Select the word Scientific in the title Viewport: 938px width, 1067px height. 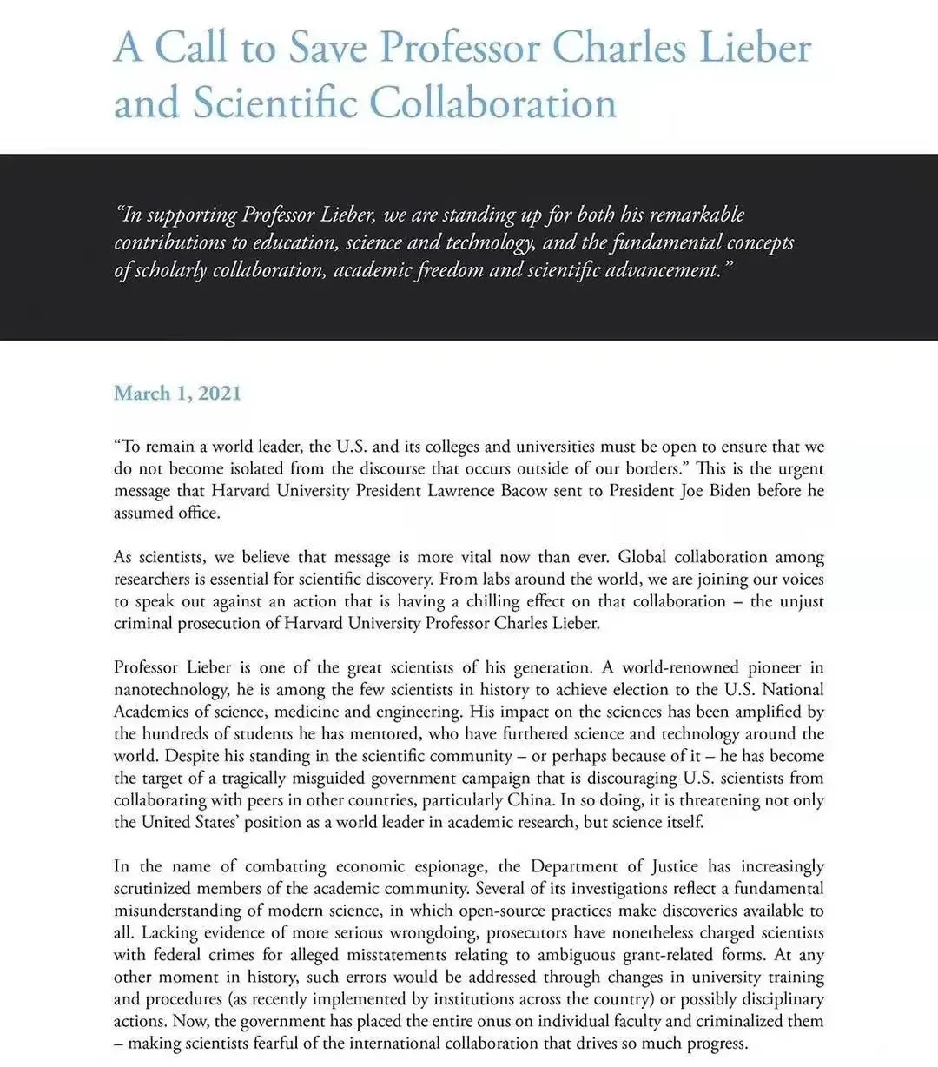coord(276,103)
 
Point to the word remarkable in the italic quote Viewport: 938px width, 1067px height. coord(697,214)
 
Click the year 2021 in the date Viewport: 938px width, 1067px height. coord(219,393)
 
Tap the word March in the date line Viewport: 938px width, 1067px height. coord(142,393)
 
